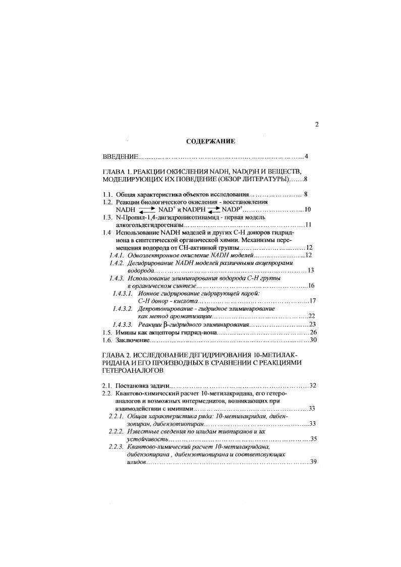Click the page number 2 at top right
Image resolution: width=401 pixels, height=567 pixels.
[316, 125]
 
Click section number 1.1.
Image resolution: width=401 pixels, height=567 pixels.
[107, 194]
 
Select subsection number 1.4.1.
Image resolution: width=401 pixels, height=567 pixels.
[117, 256]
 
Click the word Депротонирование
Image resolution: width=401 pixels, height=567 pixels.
[164, 308]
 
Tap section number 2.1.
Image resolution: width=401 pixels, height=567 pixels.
[107, 386]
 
